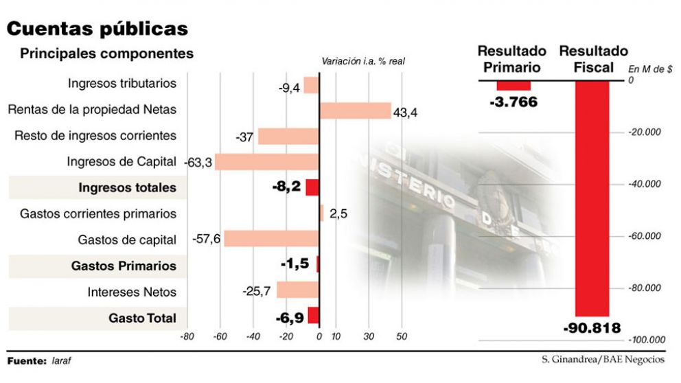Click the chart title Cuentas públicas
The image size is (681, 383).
pyautogui.click(x=97, y=29)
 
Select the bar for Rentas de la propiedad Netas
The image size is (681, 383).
pyautogui.click(x=354, y=111)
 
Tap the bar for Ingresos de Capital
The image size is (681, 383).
pyautogui.click(x=266, y=162)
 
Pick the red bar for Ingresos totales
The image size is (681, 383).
pyautogui.click(x=312, y=187)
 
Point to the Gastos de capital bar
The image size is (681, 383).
pyautogui.click(x=271, y=239)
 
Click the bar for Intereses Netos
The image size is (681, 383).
pyautogui.click(x=297, y=290)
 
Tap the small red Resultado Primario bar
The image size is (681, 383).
pyautogui.click(x=513, y=86)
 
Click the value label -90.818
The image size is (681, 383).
pyautogui.click(x=592, y=328)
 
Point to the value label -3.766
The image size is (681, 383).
pyautogui.click(x=513, y=102)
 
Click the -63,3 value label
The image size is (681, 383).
pyautogui.click(x=199, y=163)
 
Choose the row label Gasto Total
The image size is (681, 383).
pyautogui.click(x=142, y=318)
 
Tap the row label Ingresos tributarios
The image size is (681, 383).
pyautogui.click(x=122, y=84)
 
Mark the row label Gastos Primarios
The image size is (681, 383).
pyautogui.click(x=124, y=266)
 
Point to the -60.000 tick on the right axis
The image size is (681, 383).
pyautogui.click(x=646, y=236)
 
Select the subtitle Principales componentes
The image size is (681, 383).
pyautogui.click(x=106, y=54)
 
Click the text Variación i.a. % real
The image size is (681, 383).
pyautogui.click(x=363, y=61)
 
